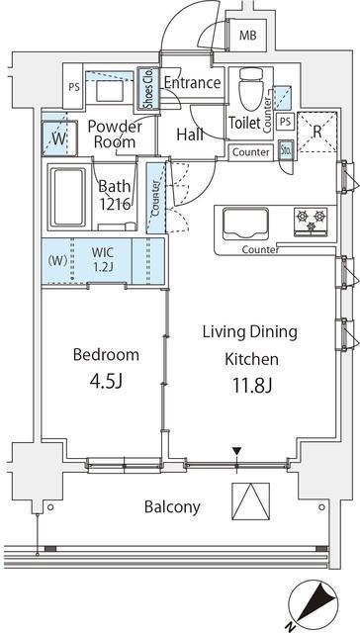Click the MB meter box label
(248, 36)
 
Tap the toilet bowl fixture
(250, 89)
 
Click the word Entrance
(192, 83)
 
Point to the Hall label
(190, 135)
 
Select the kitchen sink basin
(245, 224)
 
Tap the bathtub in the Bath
(68, 197)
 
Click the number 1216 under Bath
(115, 204)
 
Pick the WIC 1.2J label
(102, 259)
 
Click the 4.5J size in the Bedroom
(107, 381)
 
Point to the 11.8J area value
(251, 385)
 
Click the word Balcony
(172, 506)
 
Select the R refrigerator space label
(317, 132)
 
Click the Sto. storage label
(287, 150)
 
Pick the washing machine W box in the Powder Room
(59, 138)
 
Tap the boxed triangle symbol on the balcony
(250, 501)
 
